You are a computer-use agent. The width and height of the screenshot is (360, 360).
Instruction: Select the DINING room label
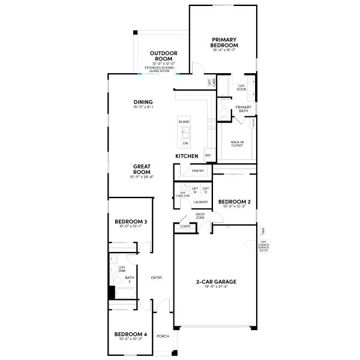(x=143, y=102)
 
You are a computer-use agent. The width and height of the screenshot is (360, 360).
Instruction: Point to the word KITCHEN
(x=187, y=156)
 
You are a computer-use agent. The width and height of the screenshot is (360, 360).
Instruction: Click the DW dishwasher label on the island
(x=185, y=143)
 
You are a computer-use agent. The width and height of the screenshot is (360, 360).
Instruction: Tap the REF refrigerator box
(x=208, y=155)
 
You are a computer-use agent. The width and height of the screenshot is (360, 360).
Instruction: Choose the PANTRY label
(x=198, y=171)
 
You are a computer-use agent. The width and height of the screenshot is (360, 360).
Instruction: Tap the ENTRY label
(x=157, y=277)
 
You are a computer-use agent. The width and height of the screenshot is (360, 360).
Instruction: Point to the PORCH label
(x=163, y=336)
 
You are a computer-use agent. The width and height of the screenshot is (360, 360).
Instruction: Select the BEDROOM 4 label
(x=130, y=334)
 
